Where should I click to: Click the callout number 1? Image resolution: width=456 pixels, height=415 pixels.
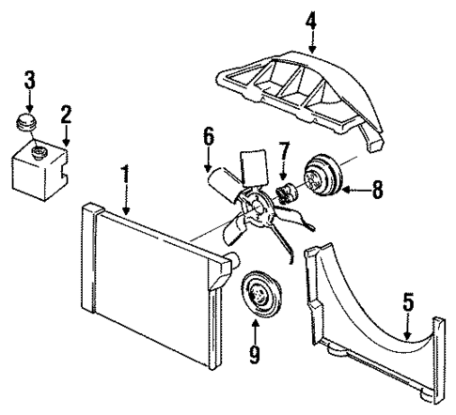[125, 175]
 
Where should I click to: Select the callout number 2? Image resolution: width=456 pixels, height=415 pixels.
[65, 115]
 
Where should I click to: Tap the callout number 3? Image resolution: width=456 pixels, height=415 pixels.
[29, 79]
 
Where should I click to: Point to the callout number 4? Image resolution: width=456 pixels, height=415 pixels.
[311, 17]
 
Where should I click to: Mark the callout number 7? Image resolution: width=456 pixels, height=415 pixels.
[282, 151]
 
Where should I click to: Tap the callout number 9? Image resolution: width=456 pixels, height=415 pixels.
[254, 355]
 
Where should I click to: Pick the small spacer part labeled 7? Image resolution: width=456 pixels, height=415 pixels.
[284, 193]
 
